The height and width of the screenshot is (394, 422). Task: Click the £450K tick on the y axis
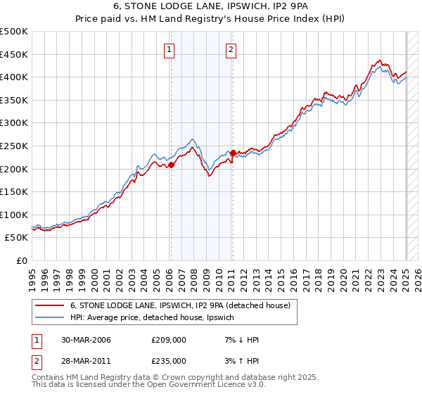click(15, 54)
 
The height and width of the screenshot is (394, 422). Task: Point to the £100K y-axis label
click(15, 215)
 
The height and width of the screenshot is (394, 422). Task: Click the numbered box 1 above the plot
click(170, 49)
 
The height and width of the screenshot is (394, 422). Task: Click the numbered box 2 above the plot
click(231, 49)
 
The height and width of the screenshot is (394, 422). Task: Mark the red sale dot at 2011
click(233, 153)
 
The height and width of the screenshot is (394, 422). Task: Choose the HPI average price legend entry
click(155, 317)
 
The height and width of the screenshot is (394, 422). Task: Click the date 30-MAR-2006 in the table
click(86, 340)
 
